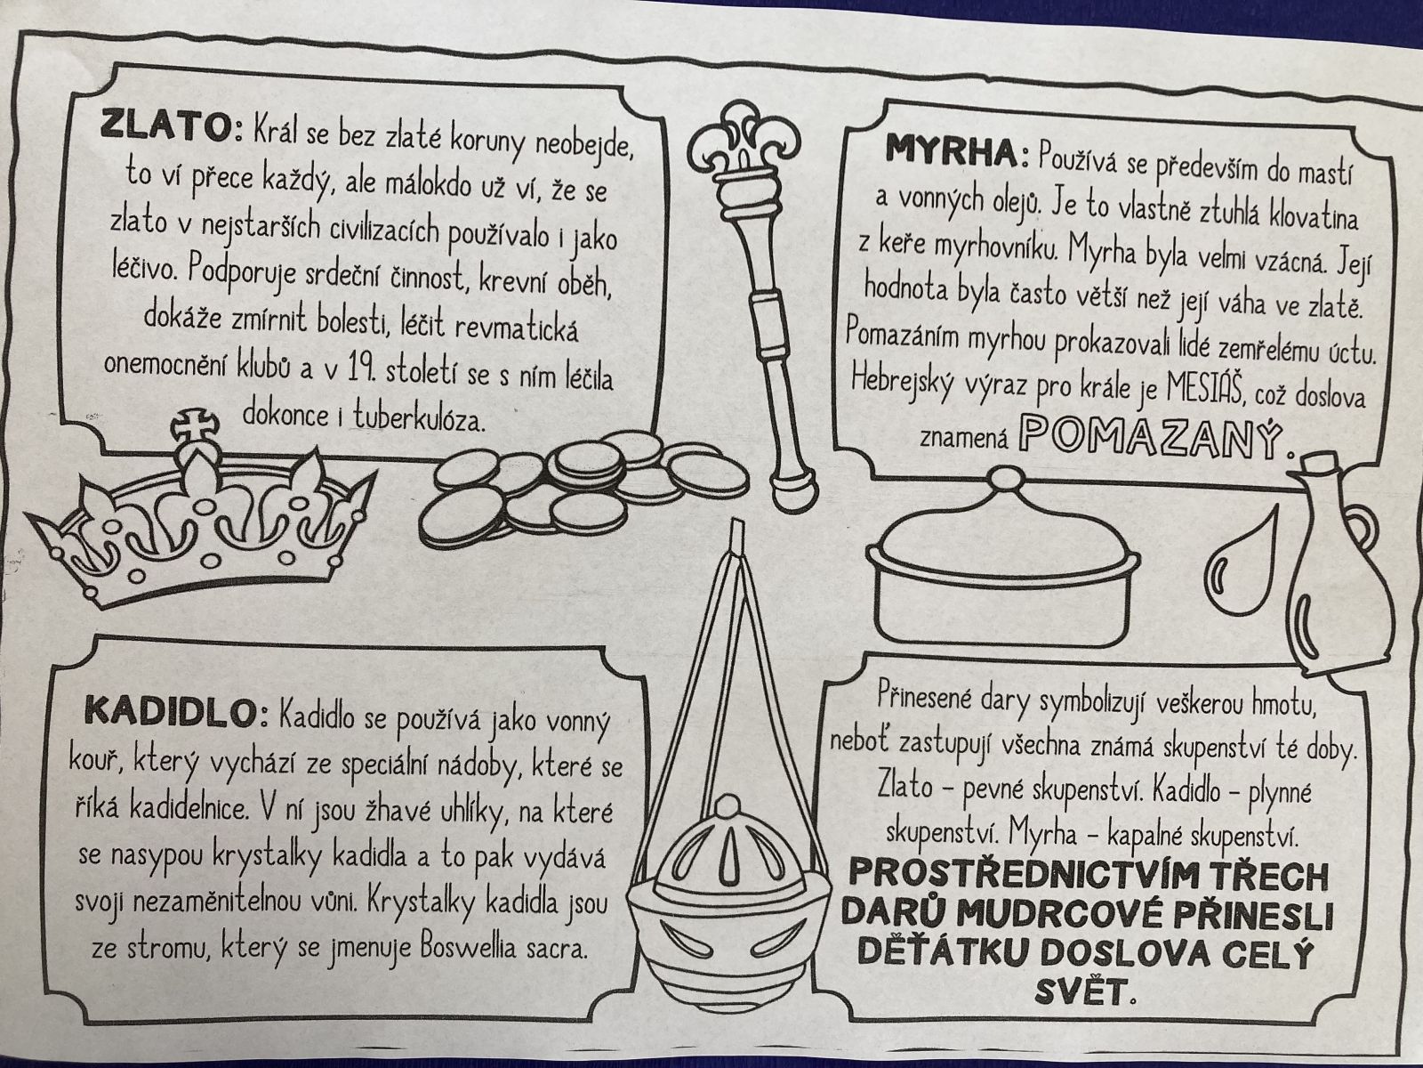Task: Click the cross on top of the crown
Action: [195, 425]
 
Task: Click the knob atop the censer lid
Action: [729, 806]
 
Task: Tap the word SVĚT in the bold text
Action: [1080, 993]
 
